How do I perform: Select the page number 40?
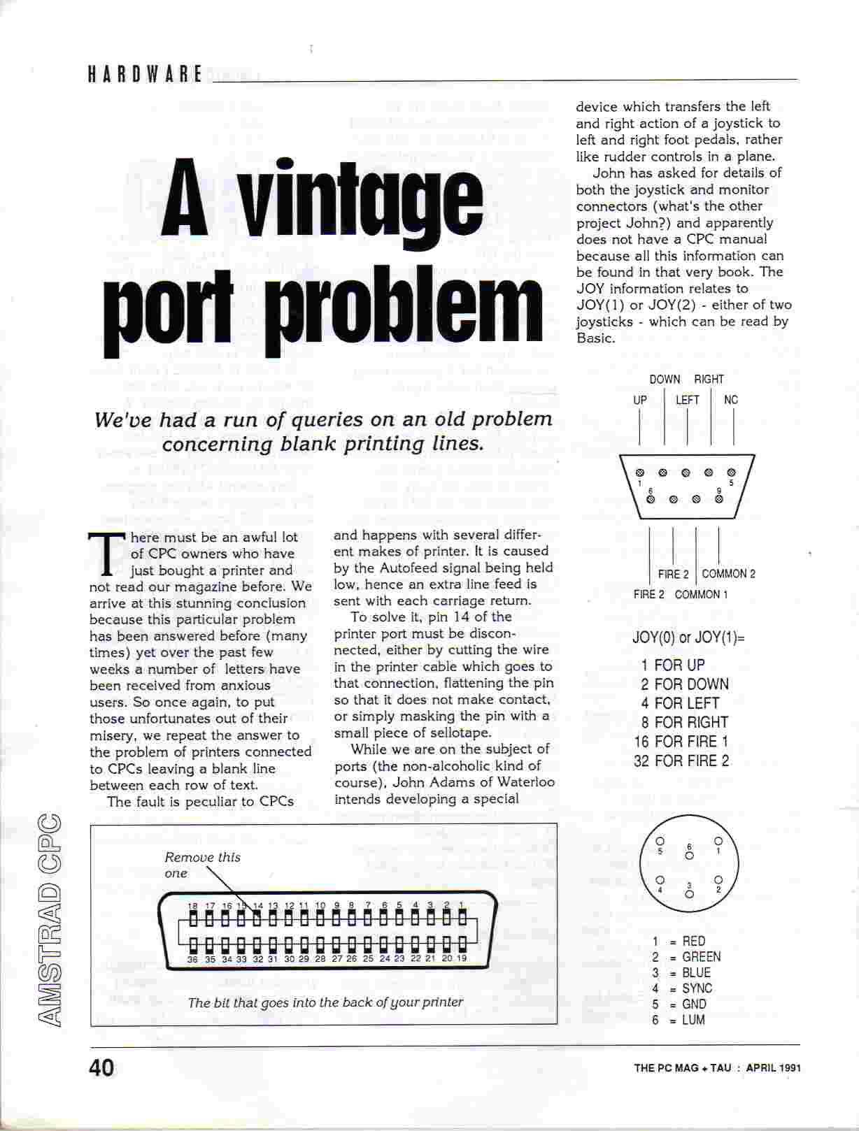[x=101, y=1067]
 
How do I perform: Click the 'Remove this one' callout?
[x=201, y=865]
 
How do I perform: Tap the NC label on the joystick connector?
[x=731, y=400]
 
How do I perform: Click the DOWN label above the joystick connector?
[x=664, y=379]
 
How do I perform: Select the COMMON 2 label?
[x=728, y=574]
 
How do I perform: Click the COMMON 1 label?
[x=701, y=594]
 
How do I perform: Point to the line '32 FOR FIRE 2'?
[x=681, y=761]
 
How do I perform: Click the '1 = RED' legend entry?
[x=679, y=941]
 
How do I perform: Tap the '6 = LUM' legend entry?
[x=679, y=1020]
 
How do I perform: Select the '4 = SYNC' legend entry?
[x=681, y=988]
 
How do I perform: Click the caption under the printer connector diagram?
[x=325, y=1002]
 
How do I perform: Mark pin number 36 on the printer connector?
[x=192, y=960]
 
